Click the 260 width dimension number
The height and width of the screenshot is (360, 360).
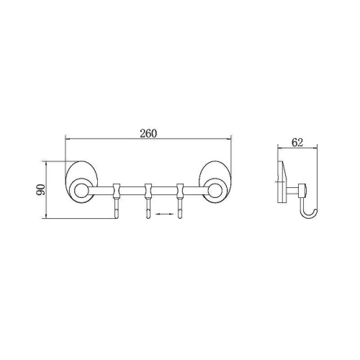[148, 133]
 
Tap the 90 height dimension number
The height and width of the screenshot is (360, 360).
[40, 189]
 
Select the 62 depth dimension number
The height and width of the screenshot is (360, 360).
[297, 143]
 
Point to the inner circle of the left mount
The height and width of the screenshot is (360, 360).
[80, 191]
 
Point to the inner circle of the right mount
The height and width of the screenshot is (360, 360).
[215, 191]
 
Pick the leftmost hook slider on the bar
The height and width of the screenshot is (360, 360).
[116, 191]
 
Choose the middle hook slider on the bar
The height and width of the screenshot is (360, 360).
[148, 191]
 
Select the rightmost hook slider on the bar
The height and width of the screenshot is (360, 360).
[180, 191]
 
